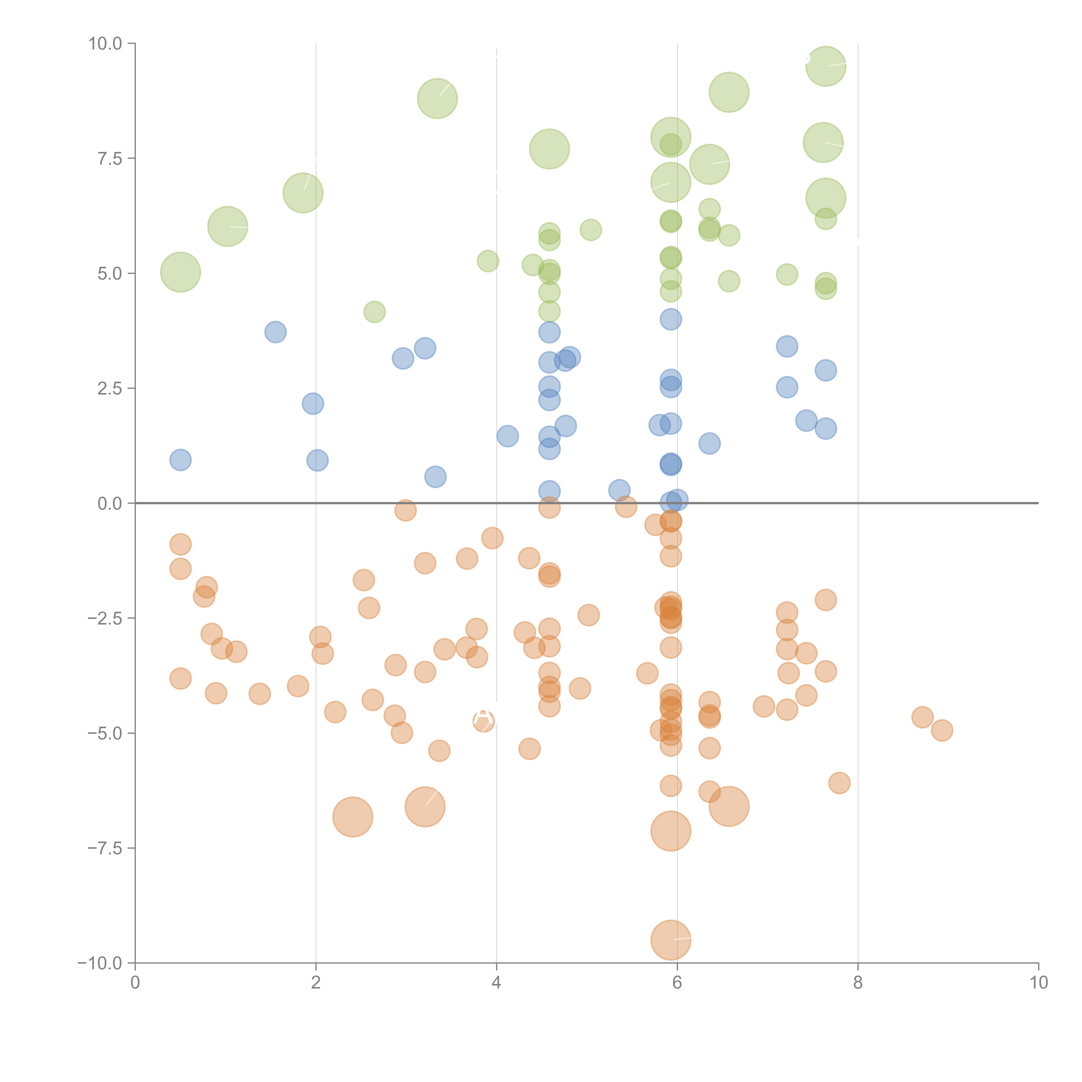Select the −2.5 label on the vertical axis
click(105, 618)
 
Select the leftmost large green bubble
click(180, 272)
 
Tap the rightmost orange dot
click(942, 730)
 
